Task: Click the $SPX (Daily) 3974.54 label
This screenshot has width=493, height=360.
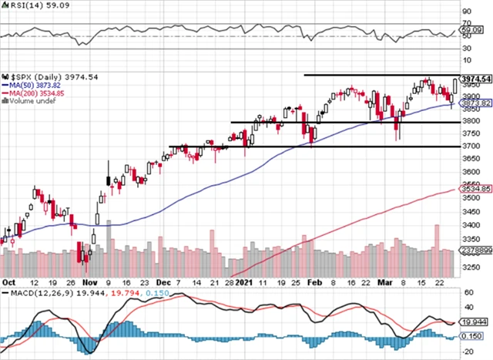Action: coord(39,77)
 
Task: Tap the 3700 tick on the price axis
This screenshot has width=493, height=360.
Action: coord(468,146)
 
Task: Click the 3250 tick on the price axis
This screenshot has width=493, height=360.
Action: coord(468,268)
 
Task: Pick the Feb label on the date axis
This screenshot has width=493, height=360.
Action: coord(314,281)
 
